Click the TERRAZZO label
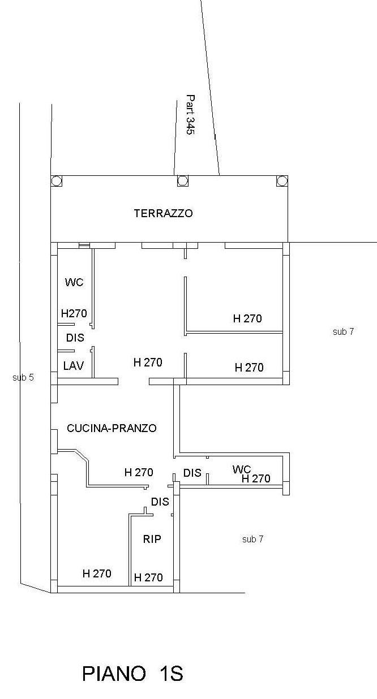(x=164, y=213)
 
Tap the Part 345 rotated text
(x=190, y=115)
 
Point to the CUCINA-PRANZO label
(x=112, y=428)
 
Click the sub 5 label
(x=23, y=378)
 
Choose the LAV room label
(x=74, y=366)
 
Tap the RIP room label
(x=152, y=539)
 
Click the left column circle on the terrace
(x=56, y=180)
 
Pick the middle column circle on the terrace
(x=183, y=180)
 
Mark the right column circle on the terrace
(x=282, y=180)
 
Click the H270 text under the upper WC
(x=74, y=313)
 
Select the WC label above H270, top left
(x=74, y=282)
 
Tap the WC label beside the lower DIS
(x=242, y=469)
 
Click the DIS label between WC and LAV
(x=75, y=338)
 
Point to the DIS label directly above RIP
(x=160, y=502)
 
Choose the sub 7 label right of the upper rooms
(x=343, y=331)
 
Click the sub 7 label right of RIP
(x=252, y=539)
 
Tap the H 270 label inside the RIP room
(x=148, y=577)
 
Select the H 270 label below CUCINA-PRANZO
(x=139, y=472)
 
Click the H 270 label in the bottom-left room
(x=97, y=573)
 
